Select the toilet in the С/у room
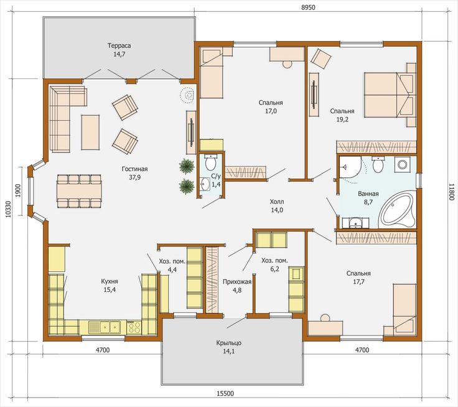[210, 163]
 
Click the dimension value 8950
[308, 7]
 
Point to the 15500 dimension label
[225, 394]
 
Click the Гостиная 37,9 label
[134, 173]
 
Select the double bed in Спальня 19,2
[389, 95]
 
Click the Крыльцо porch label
[229, 347]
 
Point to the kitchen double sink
[105, 327]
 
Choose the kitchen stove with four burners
[134, 327]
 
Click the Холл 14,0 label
[277, 206]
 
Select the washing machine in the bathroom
[402, 164]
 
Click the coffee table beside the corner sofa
[90, 133]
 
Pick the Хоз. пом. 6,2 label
[274, 264]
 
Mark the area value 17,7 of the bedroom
[358, 282]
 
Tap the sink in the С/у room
[205, 184]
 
